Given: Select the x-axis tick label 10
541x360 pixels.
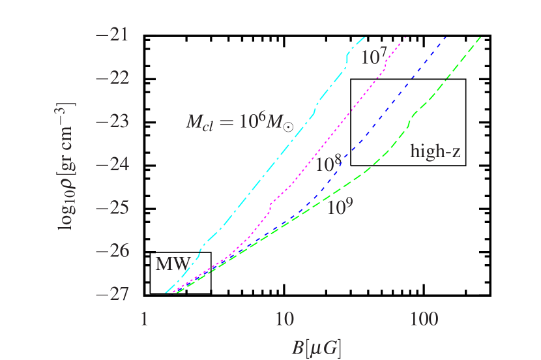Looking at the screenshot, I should click(284, 320).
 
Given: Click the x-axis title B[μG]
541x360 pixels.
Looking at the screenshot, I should click(317, 347).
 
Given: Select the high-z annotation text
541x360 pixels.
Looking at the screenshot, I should click(435, 153).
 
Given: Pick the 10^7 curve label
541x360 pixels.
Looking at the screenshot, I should click(374, 57).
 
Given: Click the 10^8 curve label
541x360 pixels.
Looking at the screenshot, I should click(329, 164).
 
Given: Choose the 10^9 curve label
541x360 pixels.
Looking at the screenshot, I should click(340, 207).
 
